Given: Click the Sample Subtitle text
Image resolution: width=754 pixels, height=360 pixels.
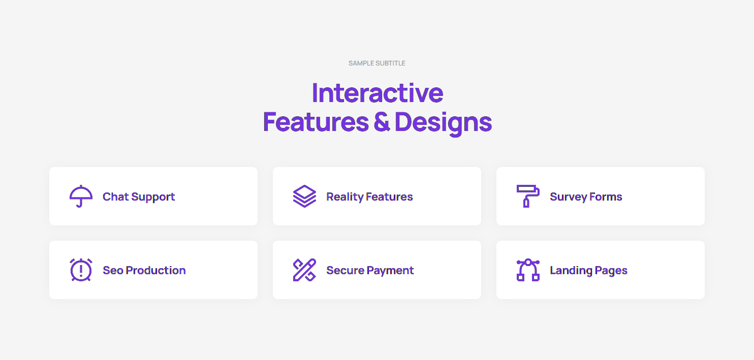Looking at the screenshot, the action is (376, 63).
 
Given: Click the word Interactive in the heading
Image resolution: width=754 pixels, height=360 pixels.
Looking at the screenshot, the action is (378, 93).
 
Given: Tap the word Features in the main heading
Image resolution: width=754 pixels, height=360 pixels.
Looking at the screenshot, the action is (316, 122).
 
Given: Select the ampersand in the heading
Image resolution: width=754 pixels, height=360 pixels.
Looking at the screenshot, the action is (382, 122).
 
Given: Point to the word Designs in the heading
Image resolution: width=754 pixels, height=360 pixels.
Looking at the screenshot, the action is (443, 123).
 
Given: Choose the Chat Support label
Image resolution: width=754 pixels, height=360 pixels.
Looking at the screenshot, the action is (139, 197).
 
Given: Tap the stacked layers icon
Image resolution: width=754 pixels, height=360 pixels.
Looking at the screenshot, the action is (304, 196).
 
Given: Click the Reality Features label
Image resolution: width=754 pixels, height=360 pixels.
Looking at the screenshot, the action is (369, 197).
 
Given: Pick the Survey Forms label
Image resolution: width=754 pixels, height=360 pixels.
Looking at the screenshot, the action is (586, 197).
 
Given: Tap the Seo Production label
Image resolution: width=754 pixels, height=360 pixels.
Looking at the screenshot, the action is (144, 270).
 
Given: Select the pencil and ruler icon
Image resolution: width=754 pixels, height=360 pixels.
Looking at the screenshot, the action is (304, 270).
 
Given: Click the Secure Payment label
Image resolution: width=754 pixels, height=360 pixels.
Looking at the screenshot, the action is (370, 271).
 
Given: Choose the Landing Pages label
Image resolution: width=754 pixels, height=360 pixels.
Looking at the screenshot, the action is (588, 271).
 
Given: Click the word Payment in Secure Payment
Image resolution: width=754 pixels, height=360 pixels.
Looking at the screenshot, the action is (390, 271).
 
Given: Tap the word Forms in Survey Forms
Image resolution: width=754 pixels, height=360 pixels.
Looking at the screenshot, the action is (606, 197).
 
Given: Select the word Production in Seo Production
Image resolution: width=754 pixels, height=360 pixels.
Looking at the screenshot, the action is (155, 270).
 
